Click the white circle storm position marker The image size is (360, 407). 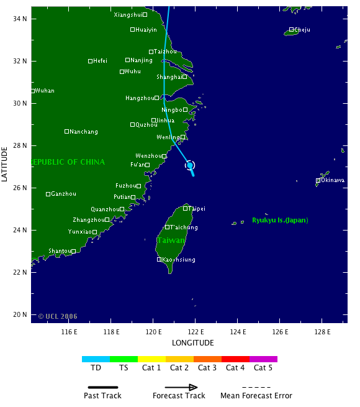tap(190, 165)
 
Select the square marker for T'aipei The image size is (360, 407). tap(185, 209)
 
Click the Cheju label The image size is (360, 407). tap(302, 30)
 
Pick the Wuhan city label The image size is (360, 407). tap(45, 91)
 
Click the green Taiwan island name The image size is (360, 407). tap(169, 240)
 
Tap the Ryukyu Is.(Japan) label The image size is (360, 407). tap(280, 221)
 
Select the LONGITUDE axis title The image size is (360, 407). tap(192, 342)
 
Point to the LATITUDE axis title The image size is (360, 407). tap(5, 164)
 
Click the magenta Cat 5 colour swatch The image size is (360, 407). tap(263, 359)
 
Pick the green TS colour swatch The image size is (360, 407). tap(124, 359)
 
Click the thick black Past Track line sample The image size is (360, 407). tap(103, 387)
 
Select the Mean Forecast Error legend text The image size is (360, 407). tap(256, 396)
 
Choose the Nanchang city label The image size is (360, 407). tap(84, 132)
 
